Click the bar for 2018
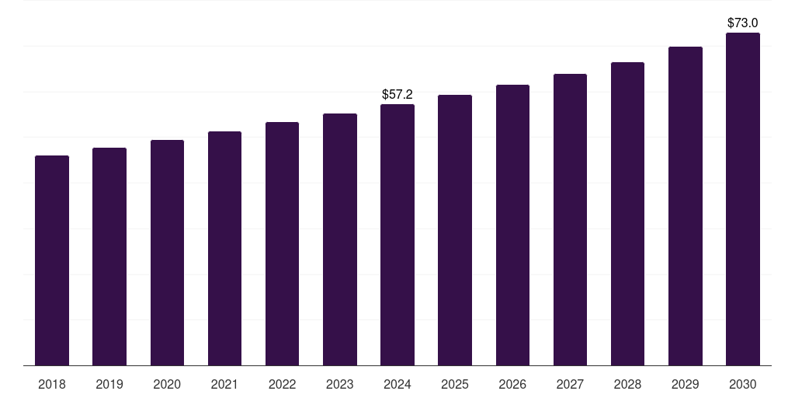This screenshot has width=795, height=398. pos(52,260)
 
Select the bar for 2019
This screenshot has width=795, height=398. pos(109,257)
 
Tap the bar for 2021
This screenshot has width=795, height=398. pos(224,248)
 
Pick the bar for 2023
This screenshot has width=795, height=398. pos(340,239)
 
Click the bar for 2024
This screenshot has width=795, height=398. pos(397,235)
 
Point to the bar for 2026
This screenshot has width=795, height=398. pos(512,225)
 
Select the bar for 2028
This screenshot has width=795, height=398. pos(627,214)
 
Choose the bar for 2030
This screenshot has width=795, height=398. pos(743,199)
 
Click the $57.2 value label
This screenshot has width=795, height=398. pos(397,94)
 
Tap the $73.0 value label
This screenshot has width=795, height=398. pos(743,23)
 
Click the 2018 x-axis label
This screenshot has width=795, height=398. pos(52,385)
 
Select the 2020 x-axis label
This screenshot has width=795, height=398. pos(167,385)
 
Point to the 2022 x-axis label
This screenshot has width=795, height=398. pos(282,385)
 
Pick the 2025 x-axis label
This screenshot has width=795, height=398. pos(455,385)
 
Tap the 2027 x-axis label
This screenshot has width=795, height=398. pos(570,385)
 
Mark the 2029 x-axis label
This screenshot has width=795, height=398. pos(685,385)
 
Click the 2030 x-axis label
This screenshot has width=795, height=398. pos(743,385)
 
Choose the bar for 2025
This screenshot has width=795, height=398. pos(455,230)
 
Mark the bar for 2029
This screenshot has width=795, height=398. pos(686,206)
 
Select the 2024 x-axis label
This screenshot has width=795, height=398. pos(397,385)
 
